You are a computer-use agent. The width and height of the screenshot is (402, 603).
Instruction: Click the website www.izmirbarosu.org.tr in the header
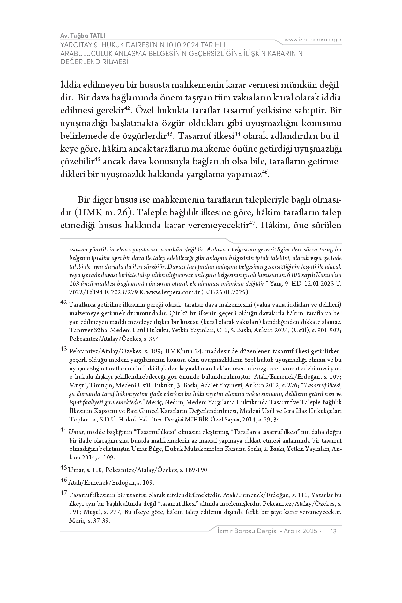tap(313, 40)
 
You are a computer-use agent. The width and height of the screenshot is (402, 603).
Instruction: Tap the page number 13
tap(334, 531)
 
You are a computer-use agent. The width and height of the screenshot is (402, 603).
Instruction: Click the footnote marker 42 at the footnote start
tap(63, 302)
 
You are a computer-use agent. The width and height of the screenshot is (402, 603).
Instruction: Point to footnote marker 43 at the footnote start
tap(63, 349)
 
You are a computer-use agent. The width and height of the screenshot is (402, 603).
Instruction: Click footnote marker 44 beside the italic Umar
tap(63, 430)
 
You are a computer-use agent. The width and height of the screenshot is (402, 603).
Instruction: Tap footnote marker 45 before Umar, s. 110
tap(63, 468)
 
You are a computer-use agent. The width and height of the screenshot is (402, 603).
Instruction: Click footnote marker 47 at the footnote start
tap(63, 493)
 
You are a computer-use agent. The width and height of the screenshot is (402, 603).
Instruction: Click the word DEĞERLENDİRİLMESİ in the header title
tap(94, 62)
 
